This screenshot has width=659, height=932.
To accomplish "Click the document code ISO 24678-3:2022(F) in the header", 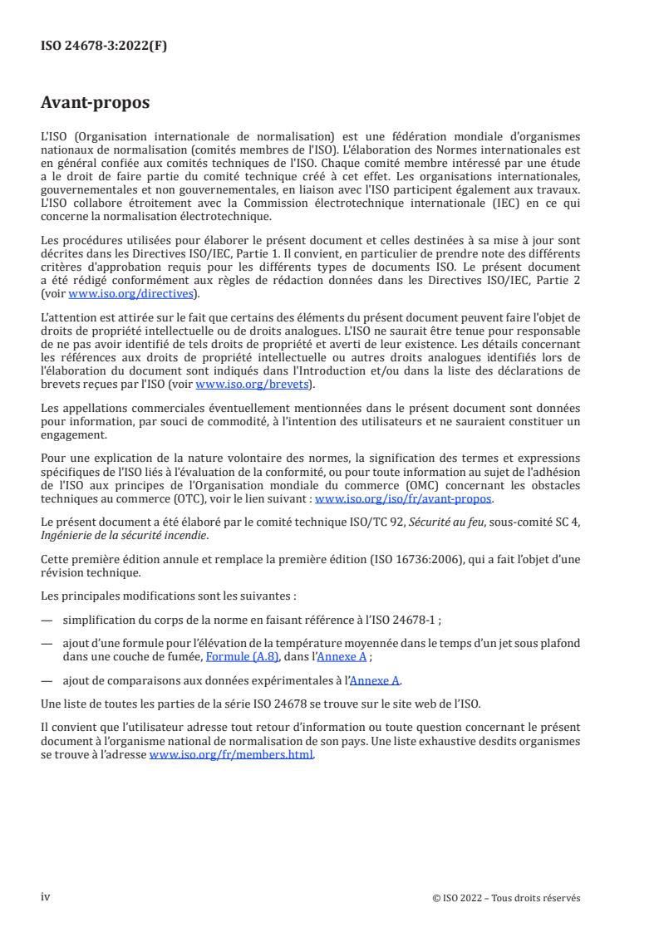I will pos(104,46).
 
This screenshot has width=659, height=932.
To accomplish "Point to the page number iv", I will pos(46,896).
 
